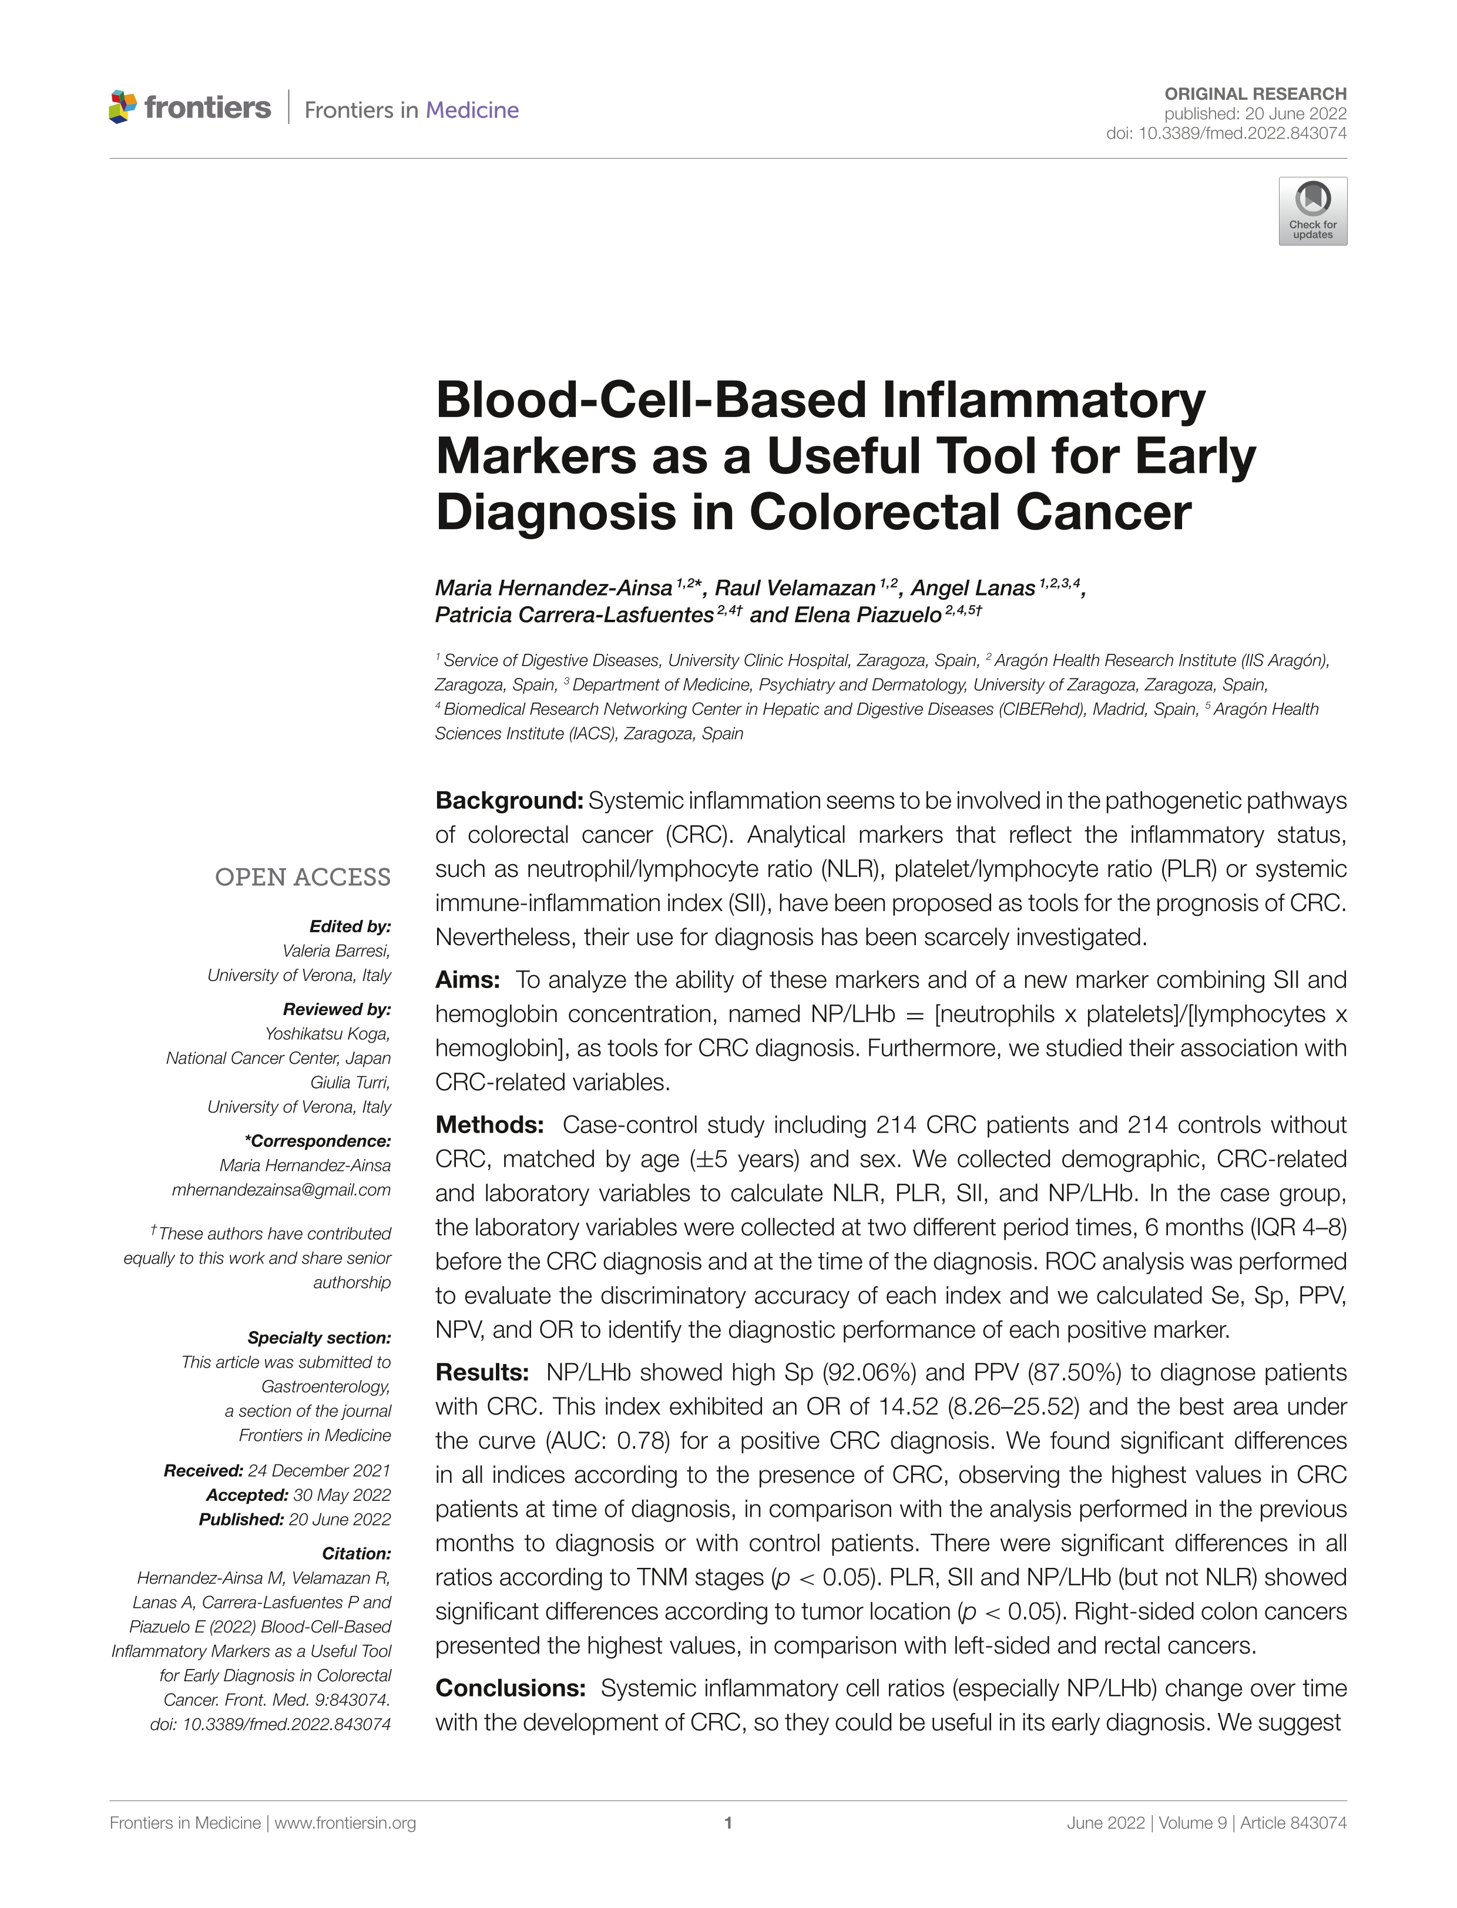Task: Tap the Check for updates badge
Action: point(1312,211)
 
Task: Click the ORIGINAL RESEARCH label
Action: point(1255,93)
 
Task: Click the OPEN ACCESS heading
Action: point(303,878)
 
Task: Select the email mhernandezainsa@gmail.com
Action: point(281,1190)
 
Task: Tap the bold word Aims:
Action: point(468,980)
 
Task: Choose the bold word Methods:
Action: point(489,1125)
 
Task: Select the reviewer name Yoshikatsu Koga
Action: point(327,1034)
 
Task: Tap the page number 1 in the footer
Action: point(728,1823)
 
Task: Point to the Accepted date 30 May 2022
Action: point(342,1495)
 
